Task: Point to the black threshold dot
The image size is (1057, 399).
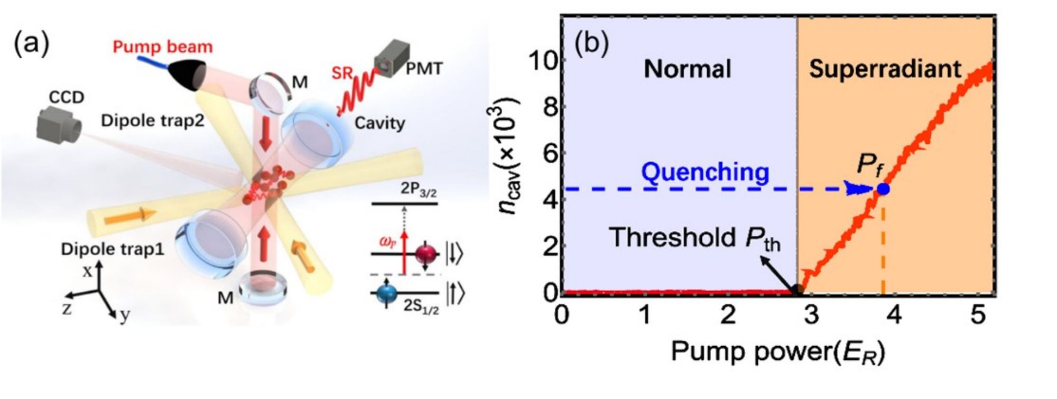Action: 798,289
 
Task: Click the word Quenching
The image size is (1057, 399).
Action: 705,173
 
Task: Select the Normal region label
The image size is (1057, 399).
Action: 687,69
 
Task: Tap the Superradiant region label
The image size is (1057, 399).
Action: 885,69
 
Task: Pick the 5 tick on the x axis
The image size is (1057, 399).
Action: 977,316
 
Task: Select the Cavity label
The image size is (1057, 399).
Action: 379,123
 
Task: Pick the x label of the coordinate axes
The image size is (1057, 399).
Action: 88,271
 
